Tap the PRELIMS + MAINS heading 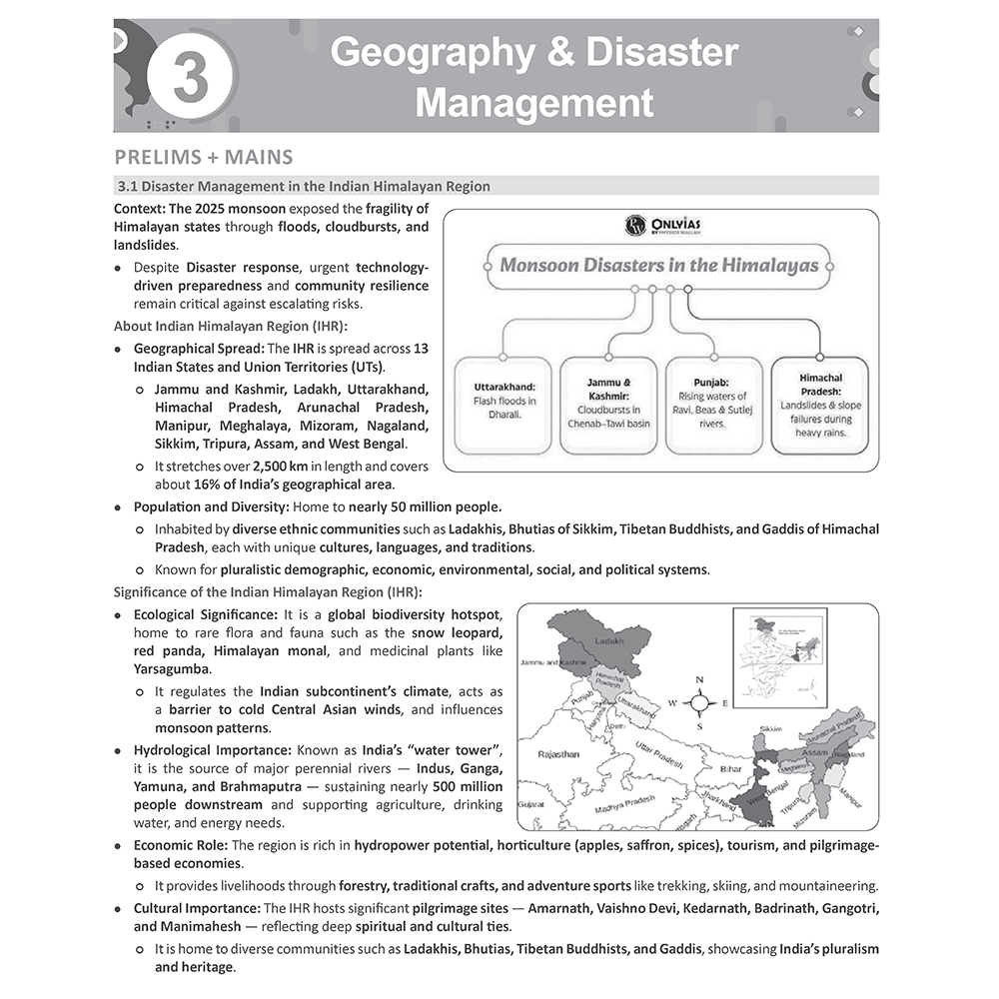pos(203,157)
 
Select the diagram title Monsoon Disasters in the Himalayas pos(659,266)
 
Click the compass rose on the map pos(699,703)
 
